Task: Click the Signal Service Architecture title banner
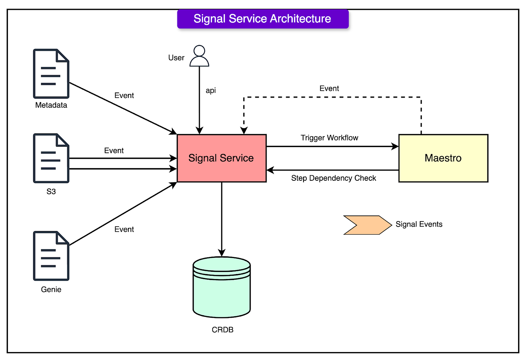coord(263,19)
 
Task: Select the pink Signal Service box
coord(221,158)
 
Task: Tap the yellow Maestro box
coord(443,158)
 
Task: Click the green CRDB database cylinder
coord(221,287)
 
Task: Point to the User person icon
coord(199,56)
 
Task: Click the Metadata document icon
coord(51,74)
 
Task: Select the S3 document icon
coord(51,158)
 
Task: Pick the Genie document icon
coord(51,256)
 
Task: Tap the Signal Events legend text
coord(419,224)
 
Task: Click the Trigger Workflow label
coord(329,138)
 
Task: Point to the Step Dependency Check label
coord(333,178)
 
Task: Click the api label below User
coord(211,90)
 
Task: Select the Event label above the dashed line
coord(329,89)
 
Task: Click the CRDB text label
coord(223,330)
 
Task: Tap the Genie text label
coord(51,290)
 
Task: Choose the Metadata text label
coord(51,105)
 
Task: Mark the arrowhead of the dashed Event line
coord(244,131)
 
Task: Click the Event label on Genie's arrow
coord(124,230)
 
